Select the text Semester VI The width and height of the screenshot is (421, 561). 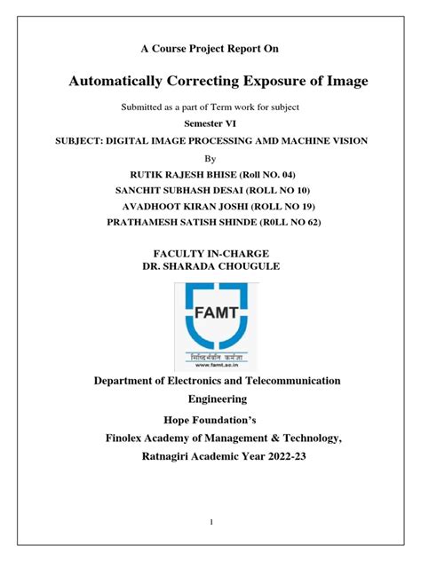coord(210,123)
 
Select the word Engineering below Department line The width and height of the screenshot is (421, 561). coord(210,399)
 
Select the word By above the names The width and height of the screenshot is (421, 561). coord(210,158)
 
